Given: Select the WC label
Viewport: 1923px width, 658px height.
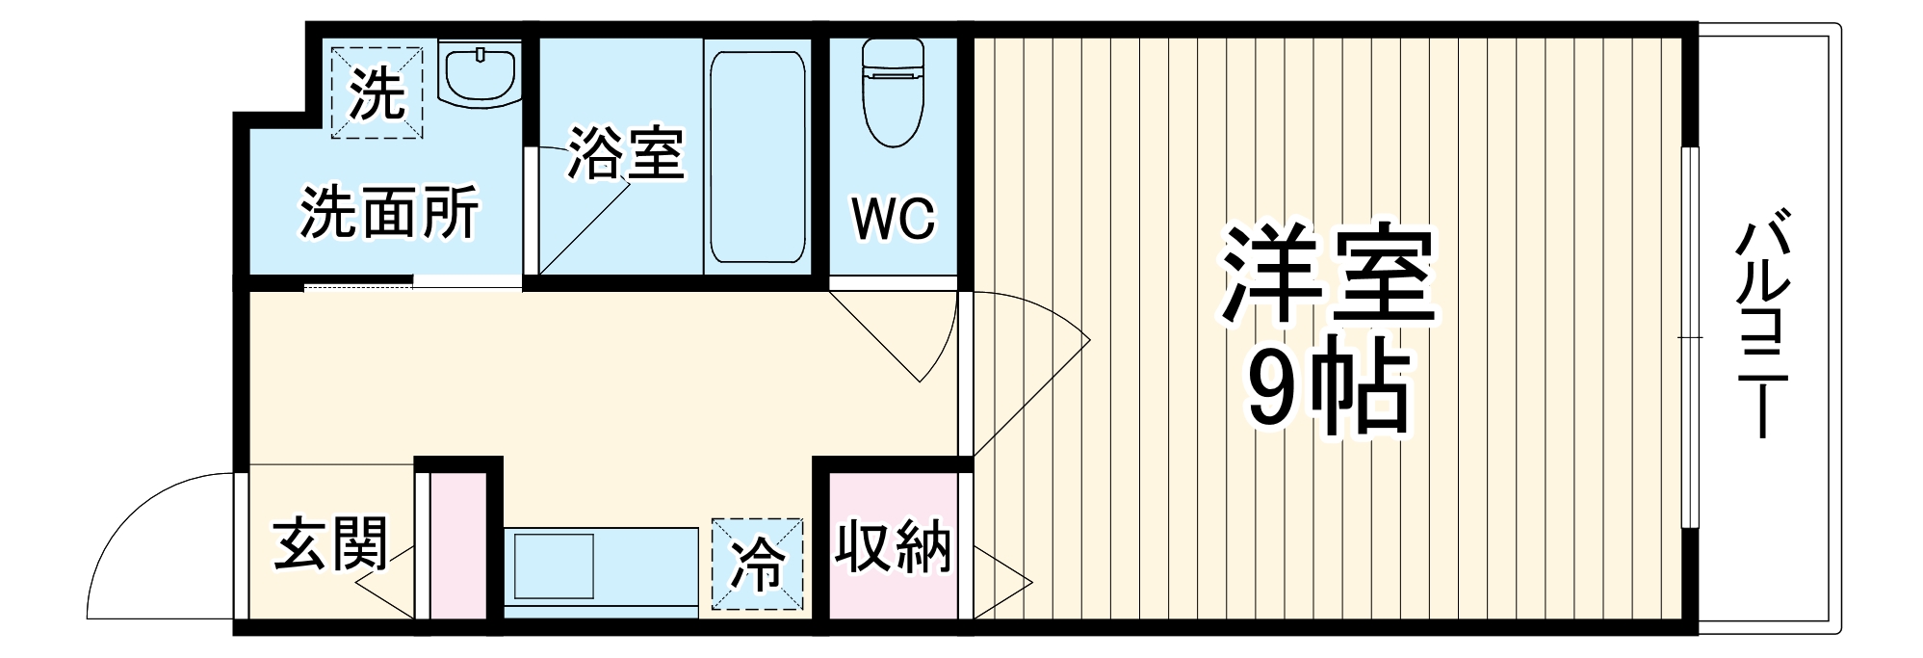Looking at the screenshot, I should (893, 219).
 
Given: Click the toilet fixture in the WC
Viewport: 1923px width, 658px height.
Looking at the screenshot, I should (893, 92).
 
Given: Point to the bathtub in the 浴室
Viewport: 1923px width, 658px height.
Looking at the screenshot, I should (756, 157).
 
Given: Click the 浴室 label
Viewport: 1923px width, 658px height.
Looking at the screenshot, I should (625, 153).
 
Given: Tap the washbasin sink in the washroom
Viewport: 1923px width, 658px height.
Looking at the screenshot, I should (480, 71).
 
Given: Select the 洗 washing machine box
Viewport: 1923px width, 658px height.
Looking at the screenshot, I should (377, 92).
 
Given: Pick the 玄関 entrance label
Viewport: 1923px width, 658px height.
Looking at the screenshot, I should (330, 544).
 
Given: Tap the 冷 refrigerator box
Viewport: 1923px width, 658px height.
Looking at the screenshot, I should (757, 565).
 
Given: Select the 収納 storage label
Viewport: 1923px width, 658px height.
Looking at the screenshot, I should (893, 547).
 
